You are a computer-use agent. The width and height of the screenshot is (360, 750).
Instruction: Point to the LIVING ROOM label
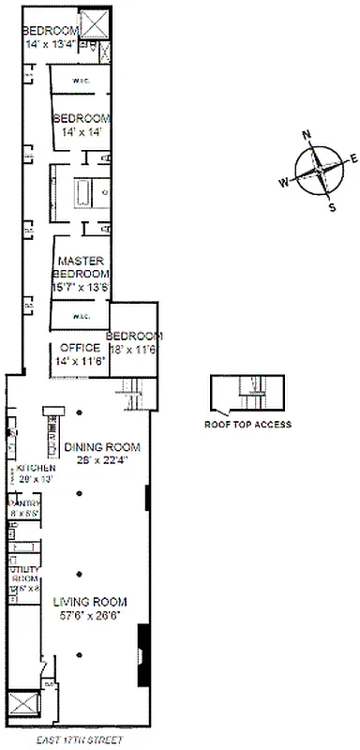89,602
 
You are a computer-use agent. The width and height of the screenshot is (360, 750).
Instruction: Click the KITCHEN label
34,468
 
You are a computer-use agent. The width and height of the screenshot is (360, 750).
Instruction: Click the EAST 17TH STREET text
81,740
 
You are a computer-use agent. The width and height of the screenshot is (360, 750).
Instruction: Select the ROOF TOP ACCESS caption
247,425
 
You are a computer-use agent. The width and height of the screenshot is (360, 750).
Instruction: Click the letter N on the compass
307,134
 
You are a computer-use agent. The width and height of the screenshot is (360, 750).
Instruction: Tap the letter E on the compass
353,157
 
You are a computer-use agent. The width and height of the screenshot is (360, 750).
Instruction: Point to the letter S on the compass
331,207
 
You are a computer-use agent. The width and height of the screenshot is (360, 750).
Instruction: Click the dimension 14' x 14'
81,133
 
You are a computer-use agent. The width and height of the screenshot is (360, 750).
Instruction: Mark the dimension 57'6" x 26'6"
89,616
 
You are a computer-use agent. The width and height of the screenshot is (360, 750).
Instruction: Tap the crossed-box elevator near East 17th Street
22,706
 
